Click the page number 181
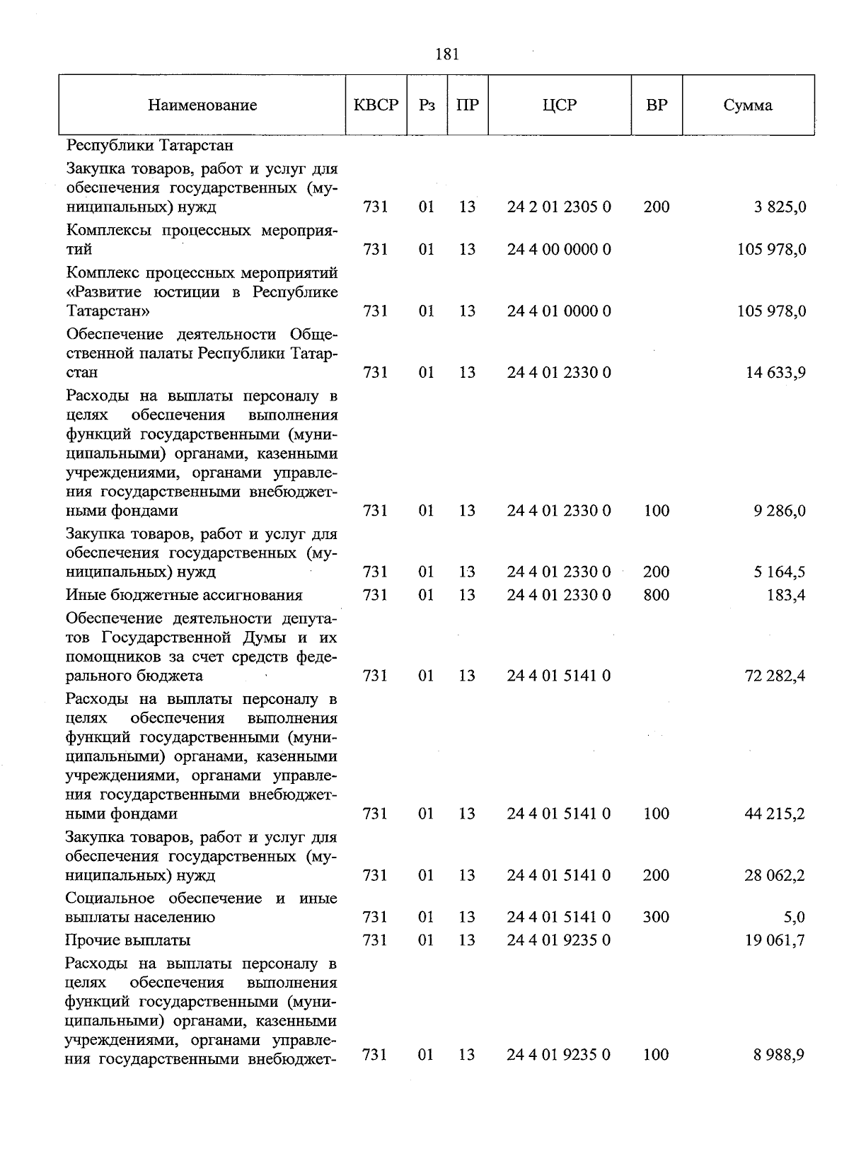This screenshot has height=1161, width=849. tap(447, 54)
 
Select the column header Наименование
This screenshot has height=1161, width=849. tap(202, 106)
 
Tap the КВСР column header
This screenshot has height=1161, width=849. tap(376, 105)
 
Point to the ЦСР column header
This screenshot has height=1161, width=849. tap(560, 105)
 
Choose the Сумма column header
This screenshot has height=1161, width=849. tap(748, 106)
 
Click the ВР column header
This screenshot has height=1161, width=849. tap(657, 105)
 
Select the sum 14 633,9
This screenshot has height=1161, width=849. tap(775, 373)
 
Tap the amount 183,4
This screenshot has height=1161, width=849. tap(786, 595)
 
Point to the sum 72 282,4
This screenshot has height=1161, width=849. tap(775, 676)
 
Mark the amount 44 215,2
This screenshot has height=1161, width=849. tap(775, 814)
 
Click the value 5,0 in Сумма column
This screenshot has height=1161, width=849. tap(795, 918)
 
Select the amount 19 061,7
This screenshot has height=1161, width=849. tap(775, 940)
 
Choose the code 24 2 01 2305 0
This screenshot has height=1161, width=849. tap(559, 207)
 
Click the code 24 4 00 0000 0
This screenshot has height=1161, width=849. tap(559, 250)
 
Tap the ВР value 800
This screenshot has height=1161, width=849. tap(657, 595)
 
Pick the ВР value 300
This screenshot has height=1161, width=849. tap(657, 917)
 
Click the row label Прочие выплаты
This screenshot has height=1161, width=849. tap(128, 940)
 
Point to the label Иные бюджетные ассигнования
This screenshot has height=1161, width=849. tap(184, 595)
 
